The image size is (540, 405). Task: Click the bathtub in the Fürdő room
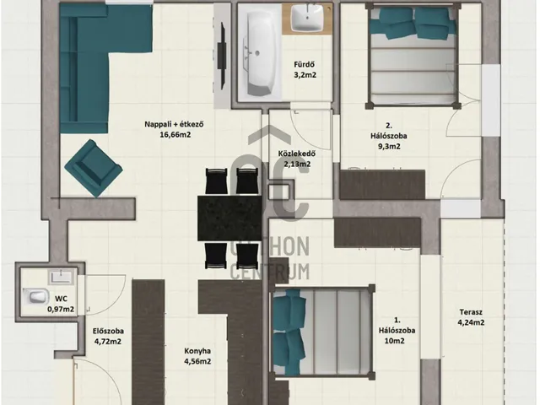259,52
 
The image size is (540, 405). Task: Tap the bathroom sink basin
307,18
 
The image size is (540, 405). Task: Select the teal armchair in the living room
94,168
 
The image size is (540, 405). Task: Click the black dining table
229,218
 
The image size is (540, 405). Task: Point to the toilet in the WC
35,296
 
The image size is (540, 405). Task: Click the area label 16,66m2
175,135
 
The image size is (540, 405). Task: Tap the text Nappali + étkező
174,124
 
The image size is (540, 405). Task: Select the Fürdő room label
305,64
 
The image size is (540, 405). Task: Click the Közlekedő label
297,154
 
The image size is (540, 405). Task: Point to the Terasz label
471,312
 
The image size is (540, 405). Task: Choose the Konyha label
197,351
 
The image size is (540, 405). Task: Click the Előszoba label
108,332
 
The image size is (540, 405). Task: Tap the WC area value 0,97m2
61,310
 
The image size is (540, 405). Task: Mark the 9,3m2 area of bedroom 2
389,146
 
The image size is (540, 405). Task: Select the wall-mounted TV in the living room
222,57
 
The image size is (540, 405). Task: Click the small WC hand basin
61,278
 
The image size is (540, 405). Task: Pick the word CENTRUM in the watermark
270,272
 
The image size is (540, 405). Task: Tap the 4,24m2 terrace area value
471,322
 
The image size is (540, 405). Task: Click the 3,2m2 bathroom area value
305,75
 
